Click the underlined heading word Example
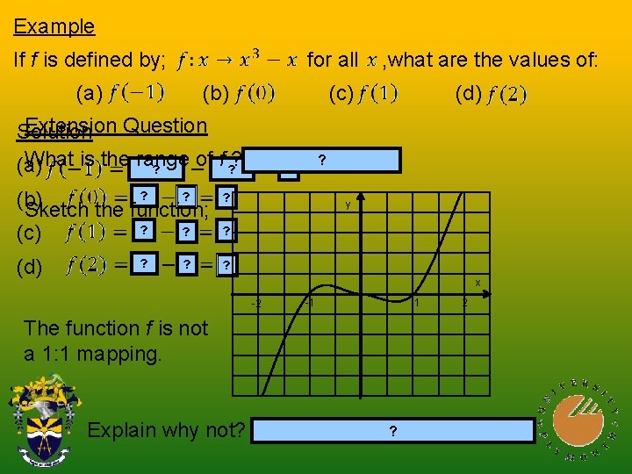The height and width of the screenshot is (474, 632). [x=54, y=26]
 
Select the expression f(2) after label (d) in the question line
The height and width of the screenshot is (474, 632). [x=507, y=94]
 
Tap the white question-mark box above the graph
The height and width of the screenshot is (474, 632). [x=322, y=160]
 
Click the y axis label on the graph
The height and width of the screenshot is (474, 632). [x=348, y=205]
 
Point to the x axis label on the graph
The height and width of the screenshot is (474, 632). [x=478, y=283]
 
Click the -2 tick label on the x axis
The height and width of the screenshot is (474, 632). [x=255, y=304]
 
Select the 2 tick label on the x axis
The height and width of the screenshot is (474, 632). [x=464, y=304]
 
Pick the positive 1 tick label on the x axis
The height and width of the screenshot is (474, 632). [x=417, y=304]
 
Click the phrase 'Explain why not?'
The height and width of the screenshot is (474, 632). [x=167, y=430]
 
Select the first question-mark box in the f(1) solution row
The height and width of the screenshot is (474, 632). [x=143, y=230]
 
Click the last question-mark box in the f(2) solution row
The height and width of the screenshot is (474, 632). [x=226, y=265]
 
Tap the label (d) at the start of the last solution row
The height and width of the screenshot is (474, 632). [x=30, y=267]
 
